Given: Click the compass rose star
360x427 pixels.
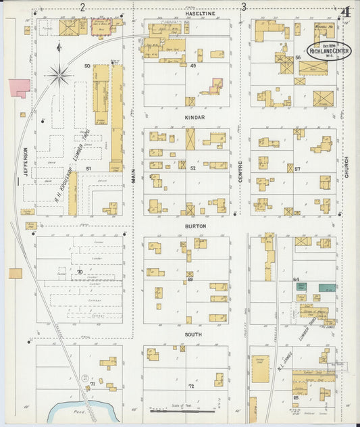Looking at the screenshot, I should (60, 74).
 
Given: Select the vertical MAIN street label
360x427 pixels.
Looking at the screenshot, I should (134, 176).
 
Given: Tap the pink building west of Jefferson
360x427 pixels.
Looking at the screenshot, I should (19, 86).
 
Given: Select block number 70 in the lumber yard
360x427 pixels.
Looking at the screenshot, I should (80, 272).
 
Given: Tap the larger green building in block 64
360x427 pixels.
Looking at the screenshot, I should (327, 287).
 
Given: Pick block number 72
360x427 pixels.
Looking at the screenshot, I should (191, 386).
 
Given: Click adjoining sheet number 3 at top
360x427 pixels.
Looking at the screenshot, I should (243, 7).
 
